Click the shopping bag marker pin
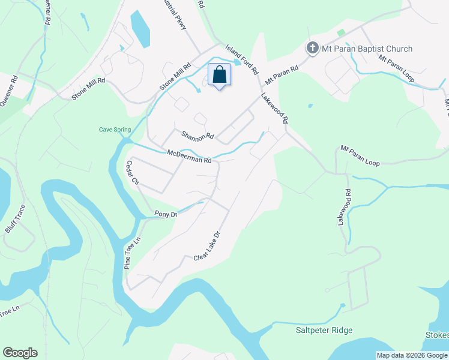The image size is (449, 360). click(x=220, y=76)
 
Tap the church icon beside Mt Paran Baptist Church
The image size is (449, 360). click(x=312, y=48)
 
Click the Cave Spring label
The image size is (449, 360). click(x=115, y=130)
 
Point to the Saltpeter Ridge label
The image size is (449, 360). click(x=324, y=330)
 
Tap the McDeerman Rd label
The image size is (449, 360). click(x=189, y=157)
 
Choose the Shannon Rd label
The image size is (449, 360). click(x=197, y=135)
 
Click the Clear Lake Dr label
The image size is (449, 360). click(x=208, y=246)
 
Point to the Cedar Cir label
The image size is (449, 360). click(x=132, y=173)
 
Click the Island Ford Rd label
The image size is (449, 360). click(x=242, y=59)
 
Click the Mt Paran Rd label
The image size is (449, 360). click(x=282, y=74)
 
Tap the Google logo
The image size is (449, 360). click(x=20, y=353)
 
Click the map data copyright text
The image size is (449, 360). click(x=412, y=355)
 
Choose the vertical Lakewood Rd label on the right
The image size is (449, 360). click(x=343, y=206)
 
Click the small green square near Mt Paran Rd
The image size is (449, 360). click(x=341, y=32)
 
